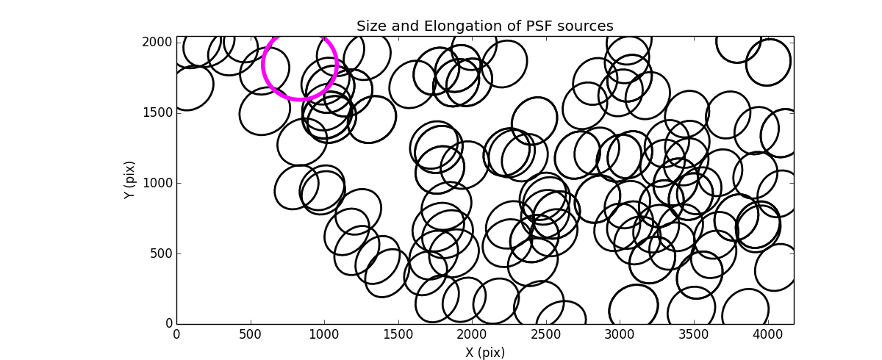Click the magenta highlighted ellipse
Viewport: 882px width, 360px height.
click(x=300, y=65)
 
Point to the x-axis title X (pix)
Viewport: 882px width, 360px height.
click(x=485, y=352)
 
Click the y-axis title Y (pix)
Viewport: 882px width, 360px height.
click(x=129, y=180)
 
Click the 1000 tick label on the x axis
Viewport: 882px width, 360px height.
click(x=324, y=335)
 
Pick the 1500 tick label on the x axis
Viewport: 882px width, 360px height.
click(x=398, y=335)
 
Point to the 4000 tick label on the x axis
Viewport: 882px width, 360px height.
click(x=767, y=335)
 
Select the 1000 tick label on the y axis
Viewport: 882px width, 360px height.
click(x=158, y=183)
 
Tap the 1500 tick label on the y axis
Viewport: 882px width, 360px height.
click(x=158, y=112)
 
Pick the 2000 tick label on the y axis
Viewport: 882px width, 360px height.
click(x=158, y=43)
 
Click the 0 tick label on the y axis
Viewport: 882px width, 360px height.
click(x=168, y=324)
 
